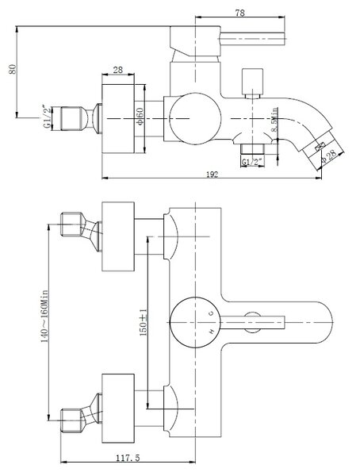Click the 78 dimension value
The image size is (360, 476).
239,13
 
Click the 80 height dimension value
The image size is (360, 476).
13,69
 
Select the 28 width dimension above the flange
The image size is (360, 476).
118,70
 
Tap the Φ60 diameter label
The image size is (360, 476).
140,116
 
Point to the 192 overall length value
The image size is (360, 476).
213,175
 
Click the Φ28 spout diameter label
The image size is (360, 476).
329,155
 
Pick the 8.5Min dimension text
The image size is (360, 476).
274,120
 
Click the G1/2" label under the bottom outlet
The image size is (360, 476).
252,162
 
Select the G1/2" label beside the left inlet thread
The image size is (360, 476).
47,117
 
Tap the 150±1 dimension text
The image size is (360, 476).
143,322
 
